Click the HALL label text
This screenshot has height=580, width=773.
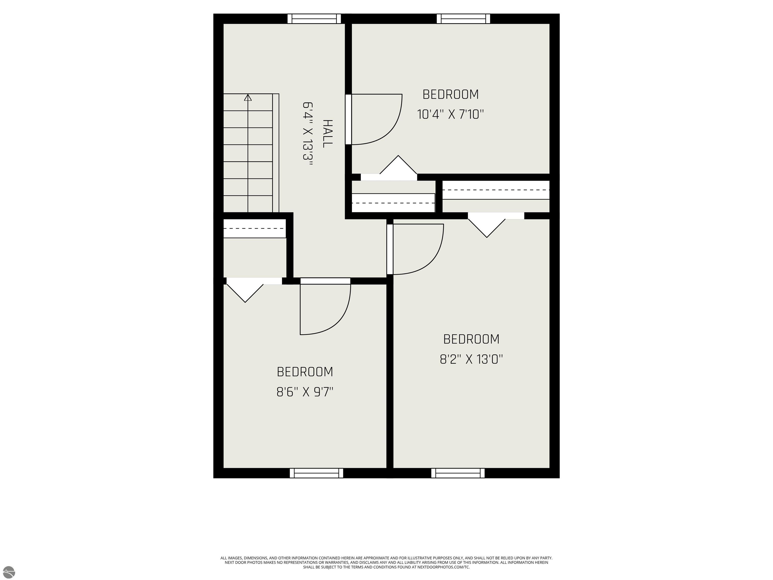pyautogui.click(x=327, y=134)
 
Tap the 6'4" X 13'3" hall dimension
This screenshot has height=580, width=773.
pyautogui.click(x=307, y=134)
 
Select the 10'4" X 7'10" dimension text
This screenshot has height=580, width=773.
pyautogui.click(x=450, y=114)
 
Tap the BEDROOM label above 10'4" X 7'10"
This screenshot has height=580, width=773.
pyautogui.click(x=450, y=94)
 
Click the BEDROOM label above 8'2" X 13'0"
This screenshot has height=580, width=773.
pyautogui.click(x=471, y=339)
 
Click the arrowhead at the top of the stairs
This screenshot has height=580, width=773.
pyautogui.click(x=248, y=97)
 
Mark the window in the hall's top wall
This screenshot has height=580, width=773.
pyautogui.click(x=314, y=19)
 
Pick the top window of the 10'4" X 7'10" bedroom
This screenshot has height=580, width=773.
pyautogui.click(x=463, y=19)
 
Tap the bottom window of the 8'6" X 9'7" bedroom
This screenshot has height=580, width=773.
pyautogui.click(x=317, y=473)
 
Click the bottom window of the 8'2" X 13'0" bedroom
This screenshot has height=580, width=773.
pyautogui.click(x=458, y=473)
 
